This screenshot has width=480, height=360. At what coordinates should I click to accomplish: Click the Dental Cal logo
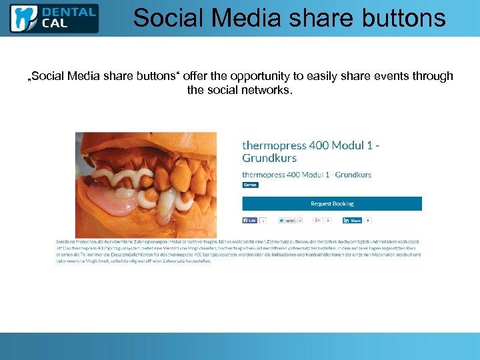[x=53, y=18]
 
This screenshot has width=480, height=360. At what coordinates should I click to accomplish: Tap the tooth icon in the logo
[x=24, y=18]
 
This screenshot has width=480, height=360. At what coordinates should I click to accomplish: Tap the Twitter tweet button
[x=287, y=220]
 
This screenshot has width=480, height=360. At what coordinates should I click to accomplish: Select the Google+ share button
[x=319, y=220]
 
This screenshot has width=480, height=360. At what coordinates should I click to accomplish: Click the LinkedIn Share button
[x=353, y=220]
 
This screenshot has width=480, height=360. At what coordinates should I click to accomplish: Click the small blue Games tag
[x=250, y=185]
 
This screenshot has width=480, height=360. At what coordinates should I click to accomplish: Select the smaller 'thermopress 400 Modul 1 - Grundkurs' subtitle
[x=307, y=175]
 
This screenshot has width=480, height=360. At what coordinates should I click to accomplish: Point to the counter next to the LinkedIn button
[x=367, y=220]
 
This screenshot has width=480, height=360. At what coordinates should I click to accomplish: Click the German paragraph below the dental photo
[x=240, y=250]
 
